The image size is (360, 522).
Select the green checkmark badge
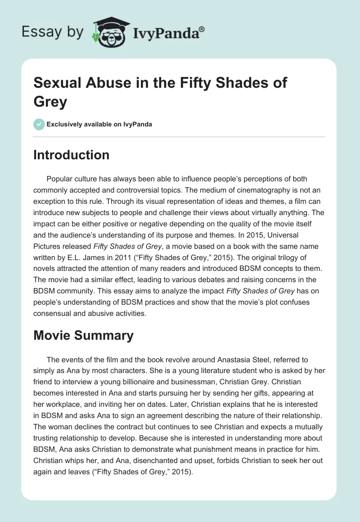point(39,124)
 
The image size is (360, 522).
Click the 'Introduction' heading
point(72,155)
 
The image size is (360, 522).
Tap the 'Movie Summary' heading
point(84,335)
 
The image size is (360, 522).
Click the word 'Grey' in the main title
point(50,101)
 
